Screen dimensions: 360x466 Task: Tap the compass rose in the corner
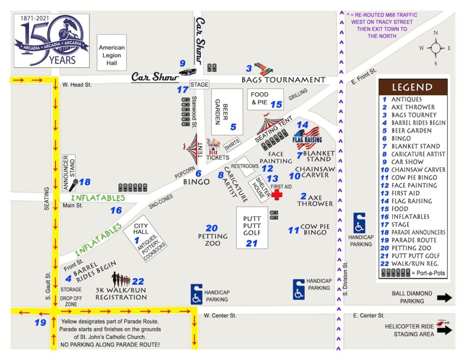[436, 48]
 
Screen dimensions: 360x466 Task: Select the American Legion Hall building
[111, 55]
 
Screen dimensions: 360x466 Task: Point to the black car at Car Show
[187, 71]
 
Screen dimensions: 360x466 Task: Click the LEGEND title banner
[412, 87]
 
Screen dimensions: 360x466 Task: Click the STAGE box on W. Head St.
[199, 85]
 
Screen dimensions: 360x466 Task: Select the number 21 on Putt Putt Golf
[252, 243]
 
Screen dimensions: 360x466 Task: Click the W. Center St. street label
[220, 315]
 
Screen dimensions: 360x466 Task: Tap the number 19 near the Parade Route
[41, 323]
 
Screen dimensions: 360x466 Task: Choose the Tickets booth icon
[213, 147]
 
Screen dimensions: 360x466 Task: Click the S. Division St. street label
[345, 282]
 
